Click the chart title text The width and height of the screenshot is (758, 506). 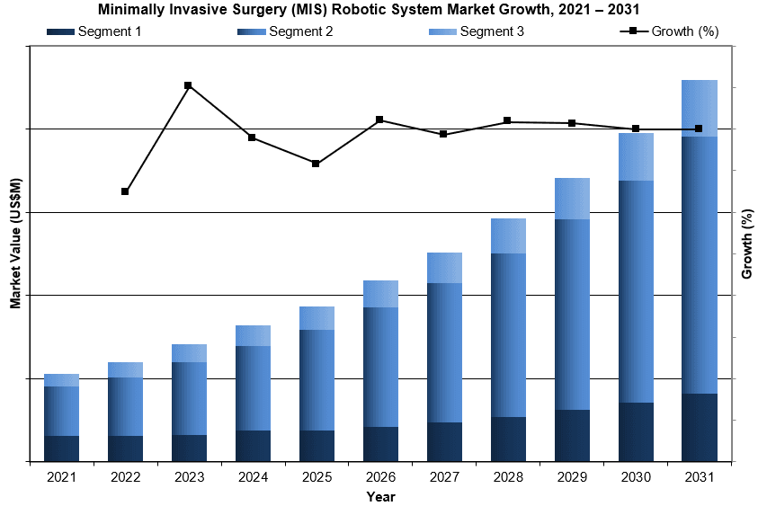point(379,10)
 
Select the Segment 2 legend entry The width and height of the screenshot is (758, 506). point(300,31)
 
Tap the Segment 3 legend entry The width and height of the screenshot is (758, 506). point(492,31)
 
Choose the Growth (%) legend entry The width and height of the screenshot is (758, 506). point(683,31)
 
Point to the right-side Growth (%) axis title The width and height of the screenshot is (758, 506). point(745,244)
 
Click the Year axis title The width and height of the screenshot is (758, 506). point(380,496)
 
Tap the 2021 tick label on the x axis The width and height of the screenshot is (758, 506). point(61,476)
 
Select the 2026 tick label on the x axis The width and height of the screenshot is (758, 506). point(380,476)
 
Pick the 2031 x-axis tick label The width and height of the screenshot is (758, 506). point(700,476)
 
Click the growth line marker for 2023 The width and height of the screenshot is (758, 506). point(188,85)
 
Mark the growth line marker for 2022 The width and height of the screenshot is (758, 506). point(125,191)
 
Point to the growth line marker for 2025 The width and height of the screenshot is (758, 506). point(317,164)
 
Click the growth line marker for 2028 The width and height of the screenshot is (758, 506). point(508,120)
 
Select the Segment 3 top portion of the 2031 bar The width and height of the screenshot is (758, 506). point(700,108)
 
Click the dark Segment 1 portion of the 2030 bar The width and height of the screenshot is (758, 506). point(636,431)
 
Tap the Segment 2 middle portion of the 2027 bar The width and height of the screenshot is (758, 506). point(444,352)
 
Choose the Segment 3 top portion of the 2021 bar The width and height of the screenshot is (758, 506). point(61,380)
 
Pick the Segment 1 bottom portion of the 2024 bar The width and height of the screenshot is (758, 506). point(253,446)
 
